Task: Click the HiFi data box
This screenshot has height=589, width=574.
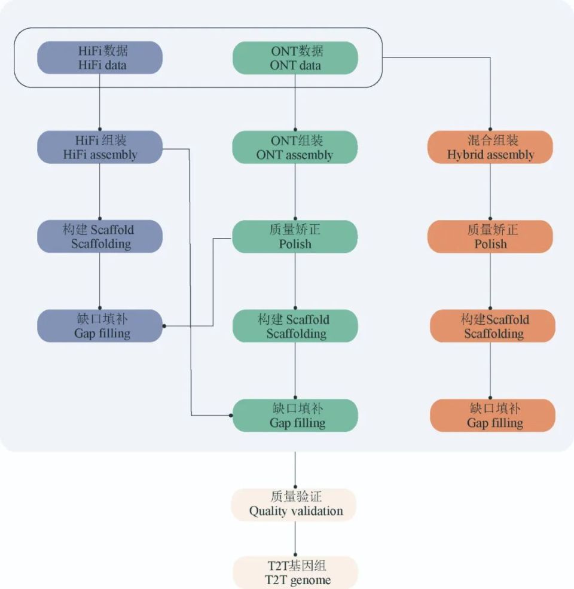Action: [x=100, y=58]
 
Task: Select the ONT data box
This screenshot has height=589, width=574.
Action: [x=295, y=58]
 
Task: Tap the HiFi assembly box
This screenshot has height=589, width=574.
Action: [x=100, y=147]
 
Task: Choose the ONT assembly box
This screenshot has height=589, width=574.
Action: [x=295, y=147]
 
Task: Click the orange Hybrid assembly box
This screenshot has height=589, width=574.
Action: [x=490, y=147]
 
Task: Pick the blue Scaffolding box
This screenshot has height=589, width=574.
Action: [x=100, y=236]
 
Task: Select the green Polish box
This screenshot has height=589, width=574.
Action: [x=295, y=236]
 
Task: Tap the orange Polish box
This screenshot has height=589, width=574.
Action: [x=490, y=236]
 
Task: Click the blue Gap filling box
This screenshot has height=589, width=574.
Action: [x=100, y=326]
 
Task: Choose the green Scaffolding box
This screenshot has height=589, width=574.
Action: [x=295, y=326]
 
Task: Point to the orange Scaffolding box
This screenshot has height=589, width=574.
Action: [x=493, y=326]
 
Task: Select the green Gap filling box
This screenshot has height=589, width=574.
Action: [x=295, y=416]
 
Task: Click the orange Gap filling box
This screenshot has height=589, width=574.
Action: [x=493, y=416]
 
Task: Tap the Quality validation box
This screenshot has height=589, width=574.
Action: [x=295, y=505]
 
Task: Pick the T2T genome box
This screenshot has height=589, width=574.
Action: [x=295, y=573]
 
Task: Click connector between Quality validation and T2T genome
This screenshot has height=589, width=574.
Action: [x=295, y=538]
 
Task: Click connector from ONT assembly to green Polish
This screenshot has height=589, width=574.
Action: [x=295, y=191]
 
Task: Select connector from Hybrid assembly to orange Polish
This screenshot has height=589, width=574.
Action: [x=490, y=191]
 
